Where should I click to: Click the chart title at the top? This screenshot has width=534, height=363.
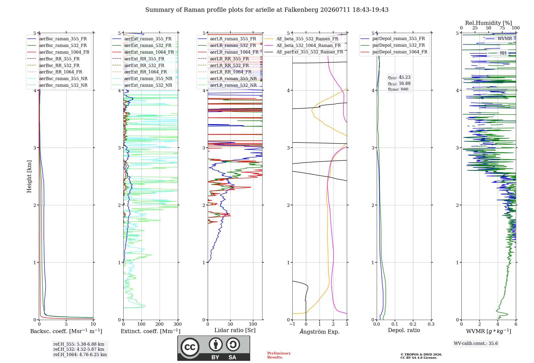267,10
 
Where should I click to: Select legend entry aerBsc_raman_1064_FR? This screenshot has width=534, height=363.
64,52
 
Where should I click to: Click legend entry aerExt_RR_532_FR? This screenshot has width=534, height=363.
144,65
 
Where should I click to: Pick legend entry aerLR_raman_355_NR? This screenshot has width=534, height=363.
233,78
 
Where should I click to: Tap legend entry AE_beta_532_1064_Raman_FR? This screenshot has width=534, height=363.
309,45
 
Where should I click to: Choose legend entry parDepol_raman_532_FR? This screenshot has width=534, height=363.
399,45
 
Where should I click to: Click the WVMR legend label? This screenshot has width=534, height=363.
505,39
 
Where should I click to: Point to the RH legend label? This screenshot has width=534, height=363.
503,53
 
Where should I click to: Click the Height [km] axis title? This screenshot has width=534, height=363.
29,176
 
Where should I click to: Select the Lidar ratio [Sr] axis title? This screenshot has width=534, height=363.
235,330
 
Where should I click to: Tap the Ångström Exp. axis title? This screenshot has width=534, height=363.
320,332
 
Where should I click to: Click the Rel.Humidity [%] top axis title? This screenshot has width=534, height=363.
489,23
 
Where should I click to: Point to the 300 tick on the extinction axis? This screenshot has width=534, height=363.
178,324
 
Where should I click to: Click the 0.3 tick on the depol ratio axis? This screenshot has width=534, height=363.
431,324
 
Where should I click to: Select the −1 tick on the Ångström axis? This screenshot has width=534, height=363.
292,324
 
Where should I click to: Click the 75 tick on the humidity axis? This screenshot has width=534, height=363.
502,28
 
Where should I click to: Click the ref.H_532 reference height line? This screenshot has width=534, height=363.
79,349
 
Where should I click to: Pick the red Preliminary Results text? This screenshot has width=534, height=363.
279,355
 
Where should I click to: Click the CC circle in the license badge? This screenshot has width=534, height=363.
190,347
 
